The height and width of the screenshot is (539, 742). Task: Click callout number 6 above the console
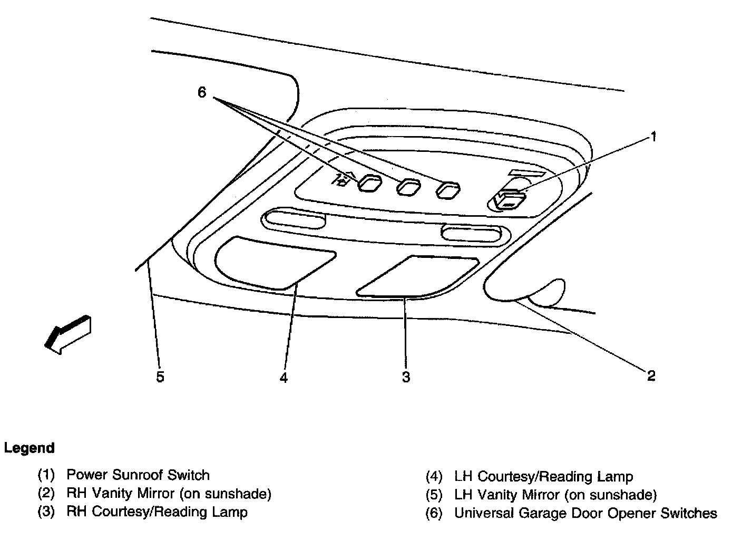coord(202,93)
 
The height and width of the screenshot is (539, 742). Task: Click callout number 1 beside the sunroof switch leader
coord(653,138)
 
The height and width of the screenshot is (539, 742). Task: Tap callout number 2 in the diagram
coord(651,376)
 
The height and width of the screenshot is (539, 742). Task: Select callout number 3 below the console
coord(406,377)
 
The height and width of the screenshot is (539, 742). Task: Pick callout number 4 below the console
coord(284,378)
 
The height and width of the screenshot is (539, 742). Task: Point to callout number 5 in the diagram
coord(160,377)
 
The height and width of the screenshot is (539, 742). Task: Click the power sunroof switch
coord(509,199)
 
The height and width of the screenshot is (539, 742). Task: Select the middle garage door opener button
coord(408,187)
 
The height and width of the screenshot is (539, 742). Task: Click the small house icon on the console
coord(343,180)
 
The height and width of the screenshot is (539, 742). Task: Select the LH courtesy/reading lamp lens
coord(274,262)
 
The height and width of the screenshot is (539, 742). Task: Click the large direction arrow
coord(67,334)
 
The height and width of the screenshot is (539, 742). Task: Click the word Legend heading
coord(30,448)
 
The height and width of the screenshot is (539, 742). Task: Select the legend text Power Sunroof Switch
coord(138,475)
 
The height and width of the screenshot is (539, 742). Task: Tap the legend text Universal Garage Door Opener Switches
coord(585,513)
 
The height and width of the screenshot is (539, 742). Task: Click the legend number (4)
coord(434,477)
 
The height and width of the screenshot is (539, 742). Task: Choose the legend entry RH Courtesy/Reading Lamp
coord(157,512)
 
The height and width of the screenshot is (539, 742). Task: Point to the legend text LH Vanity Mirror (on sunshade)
coord(555,495)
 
